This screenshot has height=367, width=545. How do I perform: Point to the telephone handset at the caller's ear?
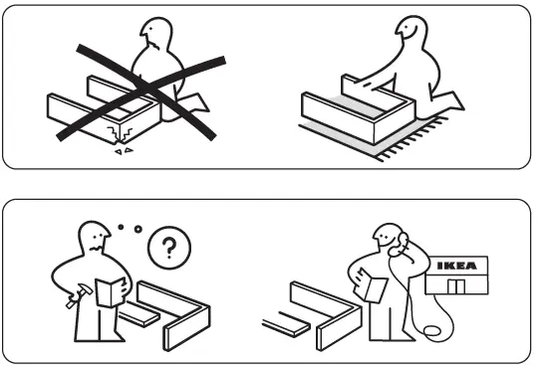[x=393, y=241]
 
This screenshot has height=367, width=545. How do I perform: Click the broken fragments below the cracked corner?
[x=124, y=151]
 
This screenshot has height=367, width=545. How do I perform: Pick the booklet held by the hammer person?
[x=111, y=289]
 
